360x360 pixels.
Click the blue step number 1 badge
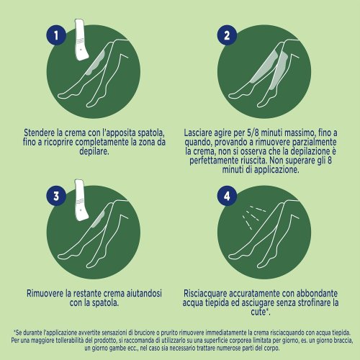point(56,35)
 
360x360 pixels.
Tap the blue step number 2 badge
point(227,35)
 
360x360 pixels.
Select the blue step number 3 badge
point(56,196)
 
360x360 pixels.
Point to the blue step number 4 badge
point(227,196)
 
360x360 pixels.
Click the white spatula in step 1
point(81,39)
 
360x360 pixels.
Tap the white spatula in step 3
point(81,199)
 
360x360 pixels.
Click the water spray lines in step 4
point(253,217)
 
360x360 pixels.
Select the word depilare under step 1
point(94,152)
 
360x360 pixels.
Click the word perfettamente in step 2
point(214,161)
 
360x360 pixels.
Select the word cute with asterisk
point(260,312)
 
